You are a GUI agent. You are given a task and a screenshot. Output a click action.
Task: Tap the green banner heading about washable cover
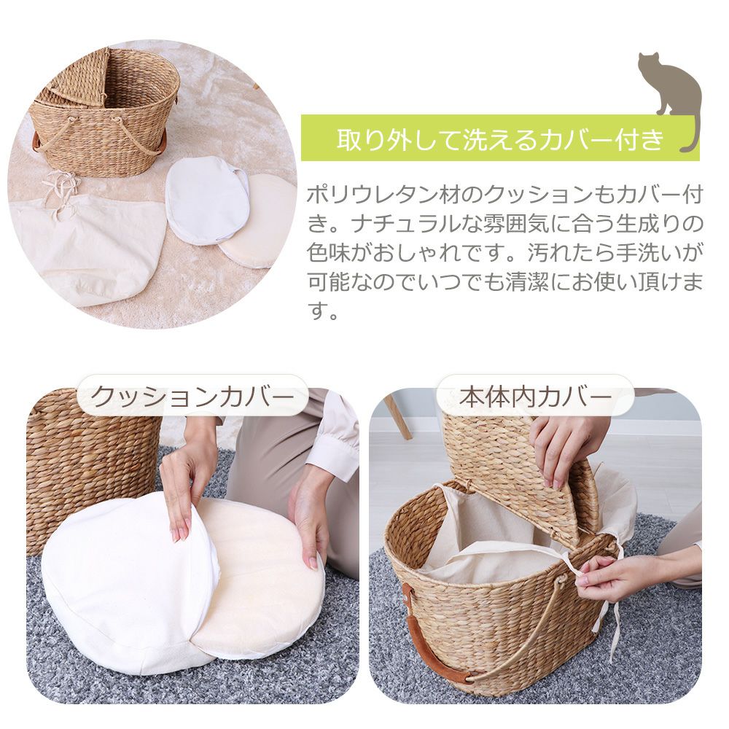pyautogui.click(x=500, y=138)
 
